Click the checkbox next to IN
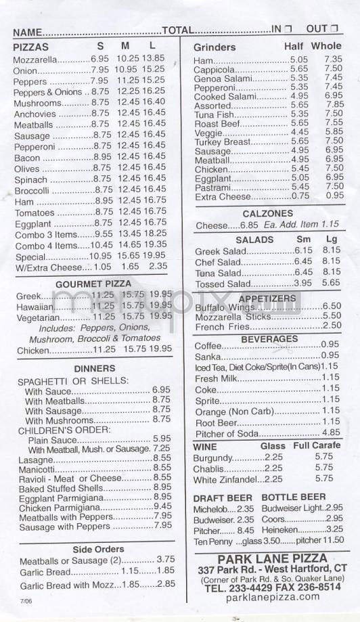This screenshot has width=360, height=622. click(x=288, y=29)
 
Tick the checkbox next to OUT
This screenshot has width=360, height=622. click(x=333, y=29)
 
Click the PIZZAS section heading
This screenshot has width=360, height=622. click(x=31, y=46)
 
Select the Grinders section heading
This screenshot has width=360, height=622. click(x=215, y=47)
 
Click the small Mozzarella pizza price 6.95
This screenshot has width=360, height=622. click(x=99, y=59)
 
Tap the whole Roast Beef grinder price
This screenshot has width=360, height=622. click(x=334, y=123)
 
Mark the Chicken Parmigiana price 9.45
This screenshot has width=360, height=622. click(x=162, y=506)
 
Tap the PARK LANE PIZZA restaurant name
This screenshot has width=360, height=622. click(x=261, y=559)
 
